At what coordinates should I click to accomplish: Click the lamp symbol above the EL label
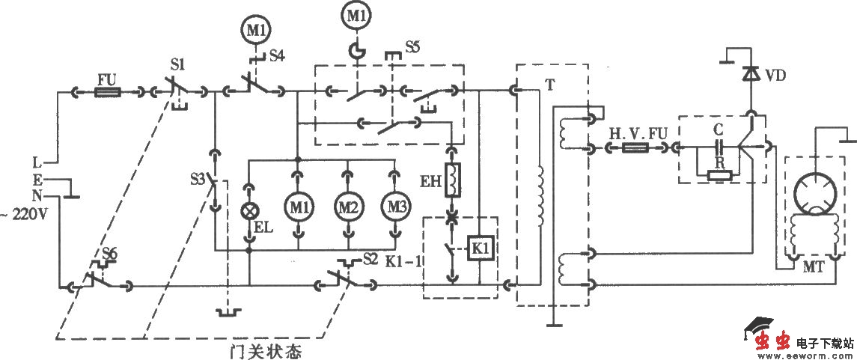click(x=249, y=211)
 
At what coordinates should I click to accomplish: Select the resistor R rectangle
click(x=720, y=176)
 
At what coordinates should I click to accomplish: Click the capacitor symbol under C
click(x=719, y=148)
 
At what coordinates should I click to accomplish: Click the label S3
click(x=197, y=180)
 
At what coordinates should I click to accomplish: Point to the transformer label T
click(x=549, y=85)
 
